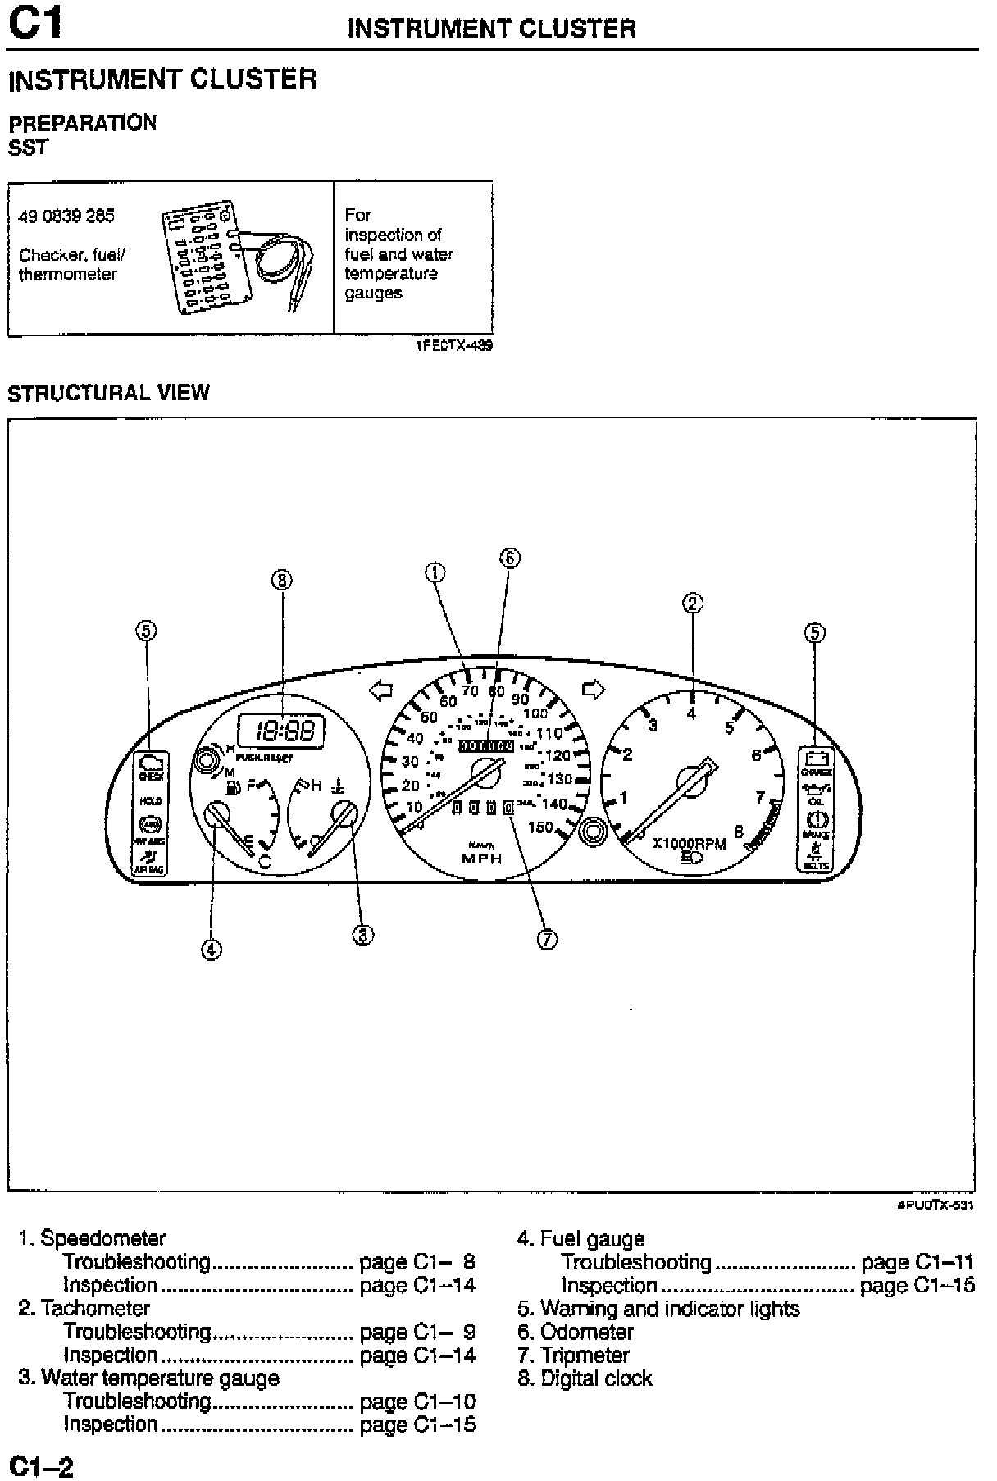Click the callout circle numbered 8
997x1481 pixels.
click(x=282, y=581)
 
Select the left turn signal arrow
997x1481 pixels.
click(x=381, y=691)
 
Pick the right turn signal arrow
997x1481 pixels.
click(x=593, y=690)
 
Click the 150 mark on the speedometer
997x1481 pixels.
click(x=540, y=827)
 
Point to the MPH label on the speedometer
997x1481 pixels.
click(x=481, y=859)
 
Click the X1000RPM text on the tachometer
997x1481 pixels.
click(x=689, y=843)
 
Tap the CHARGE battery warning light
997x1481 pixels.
click(x=817, y=763)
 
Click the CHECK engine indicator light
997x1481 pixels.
click(x=150, y=766)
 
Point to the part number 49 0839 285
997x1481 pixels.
click(x=66, y=216)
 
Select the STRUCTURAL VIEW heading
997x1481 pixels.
click(x=108, y=393)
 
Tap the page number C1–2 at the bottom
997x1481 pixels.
click(x=41, y=1465)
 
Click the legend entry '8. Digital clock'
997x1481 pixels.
click(x=585, y=1378)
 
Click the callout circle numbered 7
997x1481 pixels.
click(x=548, y=940)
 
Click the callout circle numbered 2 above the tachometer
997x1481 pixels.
click(x=693, y=604)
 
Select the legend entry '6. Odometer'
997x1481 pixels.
click(x=576, y=1332)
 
